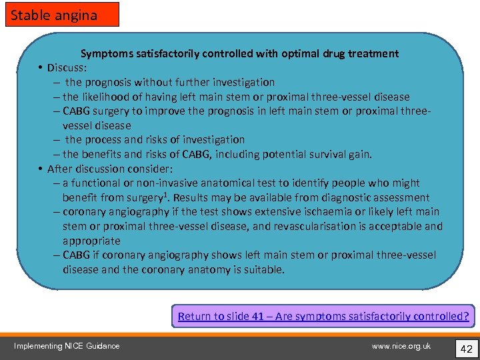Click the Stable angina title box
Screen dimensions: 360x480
tap(62, 14)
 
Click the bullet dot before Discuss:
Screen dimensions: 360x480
tap(41, 68)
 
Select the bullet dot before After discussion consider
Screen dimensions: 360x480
tap(41, 169)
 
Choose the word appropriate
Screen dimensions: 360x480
tap(91, 241)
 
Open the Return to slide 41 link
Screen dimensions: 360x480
tap(323, 316)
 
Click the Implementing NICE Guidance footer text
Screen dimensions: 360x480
tap(67, 345)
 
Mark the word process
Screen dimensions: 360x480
tap(104, 139)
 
